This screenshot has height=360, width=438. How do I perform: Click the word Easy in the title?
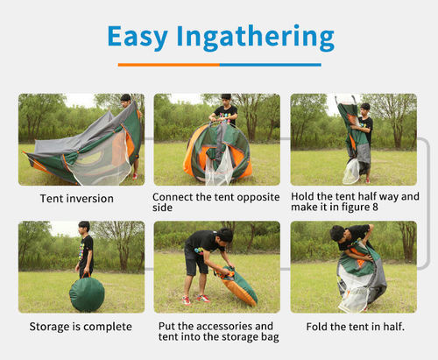[x=138, y=37]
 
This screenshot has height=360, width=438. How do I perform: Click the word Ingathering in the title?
[x=256, y=38]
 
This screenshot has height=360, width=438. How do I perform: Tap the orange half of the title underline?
[x=169, y=65]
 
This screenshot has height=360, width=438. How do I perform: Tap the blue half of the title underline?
[x=271, y=65]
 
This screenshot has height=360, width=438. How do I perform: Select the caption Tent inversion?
[x=77, y=199]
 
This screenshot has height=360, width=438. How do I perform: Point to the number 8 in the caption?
[x=375, y=207]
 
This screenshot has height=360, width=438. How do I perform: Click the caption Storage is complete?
[x=81, y=327]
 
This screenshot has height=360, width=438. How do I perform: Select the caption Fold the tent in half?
[x=356, y=327]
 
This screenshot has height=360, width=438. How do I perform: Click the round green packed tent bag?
[x=87, y=294]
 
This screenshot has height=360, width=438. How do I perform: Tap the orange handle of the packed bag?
[x=86, y=275]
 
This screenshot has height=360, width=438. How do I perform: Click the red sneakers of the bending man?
[x=195, y=300]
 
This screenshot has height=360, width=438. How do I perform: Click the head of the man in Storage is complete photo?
[x=84, y=227]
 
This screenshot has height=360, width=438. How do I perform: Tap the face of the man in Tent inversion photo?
[x=125, y=102]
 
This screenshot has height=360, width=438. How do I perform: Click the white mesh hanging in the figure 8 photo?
[x=351, y=172]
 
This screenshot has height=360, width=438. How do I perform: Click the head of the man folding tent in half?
[x=338, y=233]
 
